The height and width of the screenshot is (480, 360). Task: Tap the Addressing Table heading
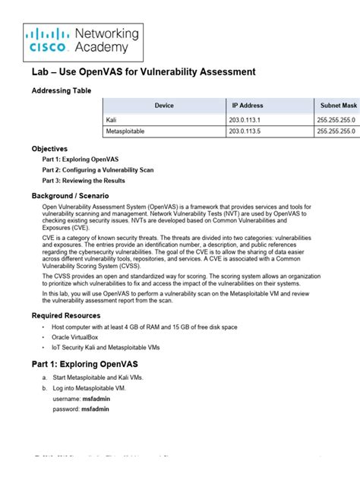click(62, 91)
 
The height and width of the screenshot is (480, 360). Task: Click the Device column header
click(164, 106)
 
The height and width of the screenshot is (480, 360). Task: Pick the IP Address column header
click(248, 106)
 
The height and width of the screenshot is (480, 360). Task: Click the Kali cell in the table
click(112, 119)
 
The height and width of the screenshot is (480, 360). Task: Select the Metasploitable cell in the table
click(126, 131)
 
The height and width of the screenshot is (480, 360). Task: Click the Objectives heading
click(49, 149)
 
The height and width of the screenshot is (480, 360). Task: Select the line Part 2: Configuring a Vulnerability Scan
click(97, 170)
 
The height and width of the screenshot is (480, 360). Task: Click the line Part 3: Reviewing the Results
click(84, 181)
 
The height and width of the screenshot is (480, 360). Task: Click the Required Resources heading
click(65, 315)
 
